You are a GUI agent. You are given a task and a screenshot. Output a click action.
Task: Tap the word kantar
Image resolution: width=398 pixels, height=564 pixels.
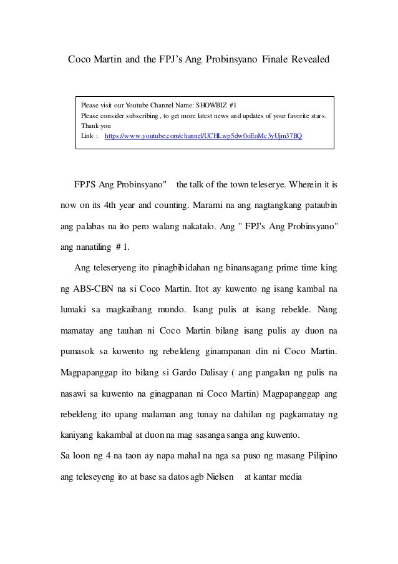(x=269, y=478)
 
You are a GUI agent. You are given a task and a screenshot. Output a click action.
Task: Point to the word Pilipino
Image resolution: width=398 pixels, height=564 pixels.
(x=317, y=458)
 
